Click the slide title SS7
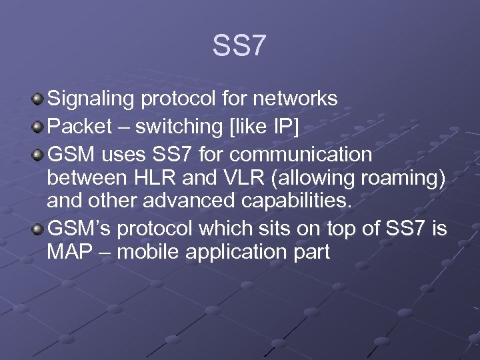coord(239,46)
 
